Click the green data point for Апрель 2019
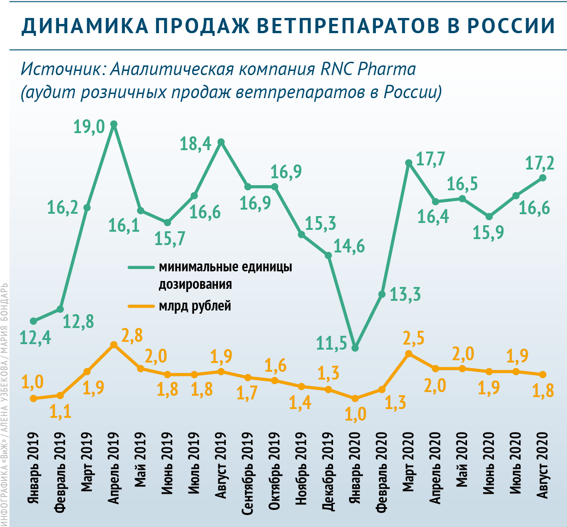[x=114, y=124]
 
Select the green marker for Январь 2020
[x=355, y=348]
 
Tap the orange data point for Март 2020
[x=409, y=354]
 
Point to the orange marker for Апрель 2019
[x=114, y=345]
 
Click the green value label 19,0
[x=89, y=127]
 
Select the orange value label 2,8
[x=132, y=335]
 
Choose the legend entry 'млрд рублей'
[x=195, y=305]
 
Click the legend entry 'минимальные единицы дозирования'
[x=225, y=275]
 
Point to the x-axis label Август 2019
[x=222, y=466]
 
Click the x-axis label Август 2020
[x=543, y=466]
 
